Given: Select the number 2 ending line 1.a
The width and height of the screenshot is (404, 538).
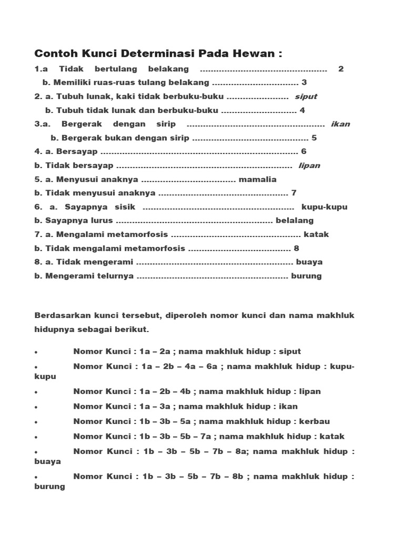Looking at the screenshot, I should click(341, 69).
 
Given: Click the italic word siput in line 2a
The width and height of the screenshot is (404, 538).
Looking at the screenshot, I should click(306, 97).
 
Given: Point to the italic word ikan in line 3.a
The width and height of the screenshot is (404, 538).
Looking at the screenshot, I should click(340, 125).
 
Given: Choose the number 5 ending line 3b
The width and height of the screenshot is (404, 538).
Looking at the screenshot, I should click(314, 138).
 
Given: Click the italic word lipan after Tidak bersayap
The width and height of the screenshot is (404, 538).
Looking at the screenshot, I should click(309, 165).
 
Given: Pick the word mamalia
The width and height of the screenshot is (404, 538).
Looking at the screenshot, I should click(257, 179).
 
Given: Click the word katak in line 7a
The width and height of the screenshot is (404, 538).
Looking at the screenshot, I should click(316, 234).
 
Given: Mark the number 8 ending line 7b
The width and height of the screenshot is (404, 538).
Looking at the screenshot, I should click(296, 248).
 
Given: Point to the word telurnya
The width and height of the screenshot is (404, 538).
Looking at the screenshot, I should click(113, 276).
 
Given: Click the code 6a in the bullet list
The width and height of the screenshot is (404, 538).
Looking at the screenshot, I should click(211, 366).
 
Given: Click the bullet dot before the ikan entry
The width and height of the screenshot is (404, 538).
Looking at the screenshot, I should click(36, 407).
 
